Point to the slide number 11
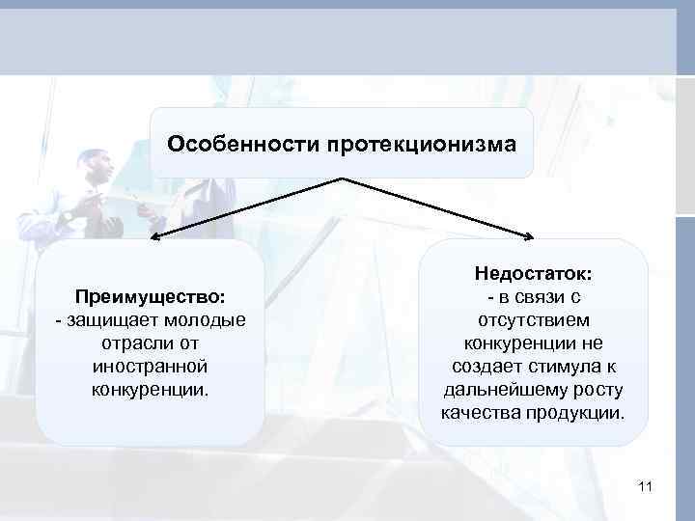pos(646,487)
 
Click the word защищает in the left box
pos(106,319)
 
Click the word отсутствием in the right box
pos(534,319)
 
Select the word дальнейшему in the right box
pos(498,390)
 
